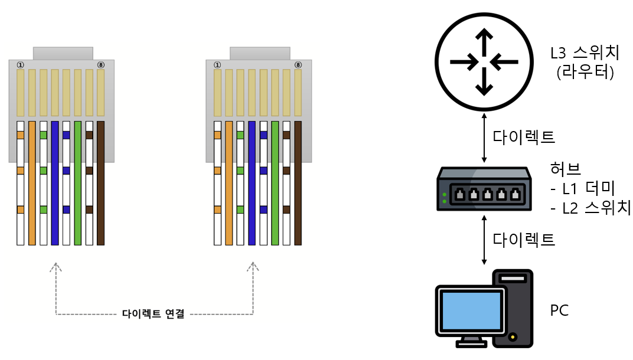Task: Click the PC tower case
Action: (513, 308)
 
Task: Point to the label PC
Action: (559, 310)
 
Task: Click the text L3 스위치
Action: (584, 53)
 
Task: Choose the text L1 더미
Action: (582, 189)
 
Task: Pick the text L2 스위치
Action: (589, 208)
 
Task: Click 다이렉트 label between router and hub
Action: (524, 136)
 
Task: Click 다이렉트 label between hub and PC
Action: (524, 240)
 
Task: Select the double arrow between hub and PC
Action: (485, 240)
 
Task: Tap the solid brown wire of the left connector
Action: (100, 183)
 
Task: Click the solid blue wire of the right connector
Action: (252, 183)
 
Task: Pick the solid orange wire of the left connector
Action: (32, 183)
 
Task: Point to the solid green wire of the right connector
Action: (275, 183)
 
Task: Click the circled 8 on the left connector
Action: (100, 64)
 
